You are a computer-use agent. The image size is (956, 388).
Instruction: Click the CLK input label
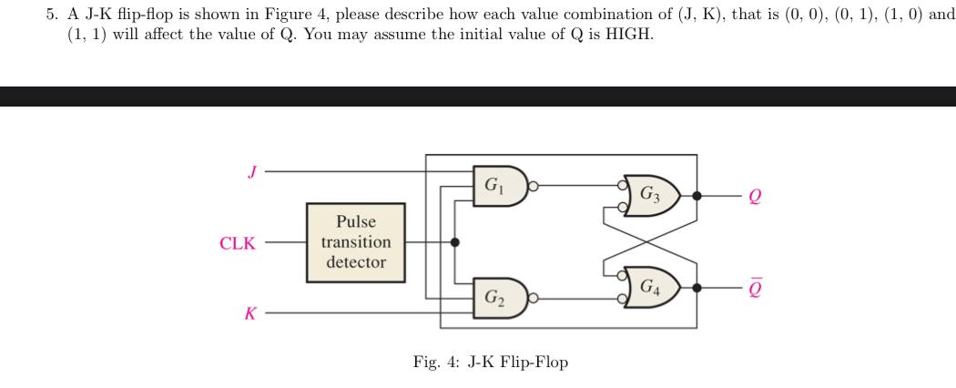[238, 243]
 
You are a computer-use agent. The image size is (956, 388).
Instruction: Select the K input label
[249, 313]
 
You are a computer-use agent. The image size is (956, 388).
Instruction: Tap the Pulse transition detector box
[355, 242]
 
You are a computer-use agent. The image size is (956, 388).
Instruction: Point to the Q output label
[753, 195]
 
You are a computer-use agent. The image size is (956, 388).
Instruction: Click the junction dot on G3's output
[697, 195]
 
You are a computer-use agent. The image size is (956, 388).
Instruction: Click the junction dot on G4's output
[697, 287]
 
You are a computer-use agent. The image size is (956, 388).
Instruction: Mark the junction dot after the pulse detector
[455, 243]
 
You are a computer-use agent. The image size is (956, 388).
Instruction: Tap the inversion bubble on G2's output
[534, 296]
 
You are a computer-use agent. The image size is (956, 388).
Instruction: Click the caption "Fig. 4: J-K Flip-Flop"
[490, 362]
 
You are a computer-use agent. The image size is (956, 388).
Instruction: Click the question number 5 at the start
[51, 15]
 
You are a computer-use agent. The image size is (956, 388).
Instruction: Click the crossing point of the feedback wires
[650, 240]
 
